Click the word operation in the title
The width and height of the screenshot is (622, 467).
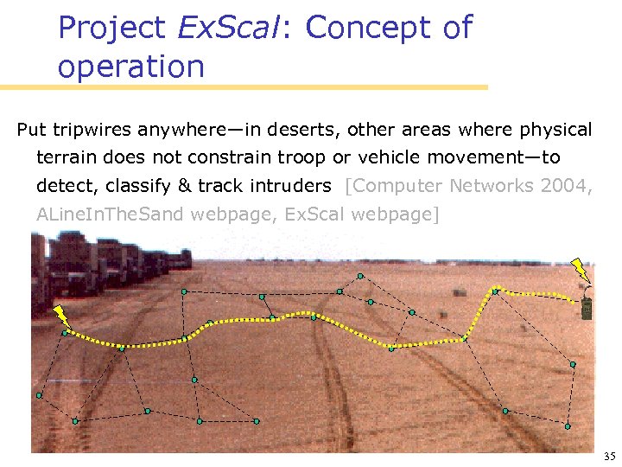pos(130,67)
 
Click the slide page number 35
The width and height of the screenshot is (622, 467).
pos(609,456)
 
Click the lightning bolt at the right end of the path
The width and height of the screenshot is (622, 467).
pos(581,271)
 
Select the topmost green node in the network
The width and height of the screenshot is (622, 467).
pos(360,276)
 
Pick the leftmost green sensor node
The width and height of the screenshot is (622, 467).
pos(39,395)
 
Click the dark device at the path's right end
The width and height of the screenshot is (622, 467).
pos(587,308)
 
